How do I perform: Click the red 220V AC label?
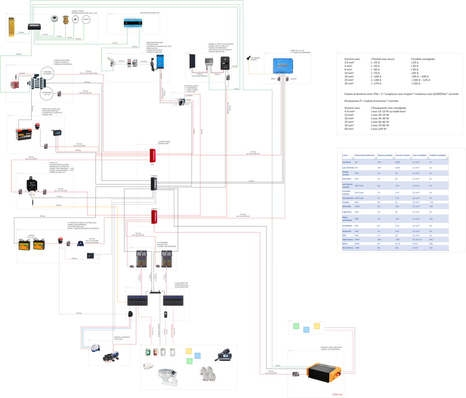(337, 394)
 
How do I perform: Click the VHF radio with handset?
(223, 355)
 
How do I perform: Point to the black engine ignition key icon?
(248, 58)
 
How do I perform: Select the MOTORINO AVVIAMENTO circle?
(47, 73)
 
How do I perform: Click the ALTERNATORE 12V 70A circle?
(47, 93)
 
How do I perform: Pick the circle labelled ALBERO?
(86, 19)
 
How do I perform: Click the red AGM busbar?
(153, 156)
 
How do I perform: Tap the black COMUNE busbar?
(154, 184)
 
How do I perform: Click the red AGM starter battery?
(24, 133)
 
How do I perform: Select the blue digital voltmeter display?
(56, 133)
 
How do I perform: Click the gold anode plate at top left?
(11, 27)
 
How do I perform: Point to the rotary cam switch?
(182, 101)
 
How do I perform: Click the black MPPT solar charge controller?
(225, 63)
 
